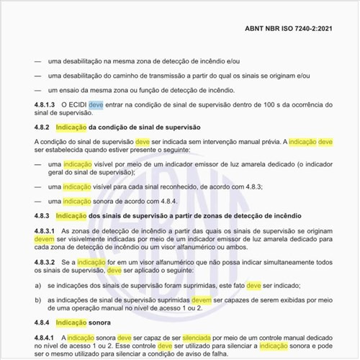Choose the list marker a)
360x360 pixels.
click(x=38, y=285)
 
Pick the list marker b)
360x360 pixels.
click(x=38, y=299)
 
